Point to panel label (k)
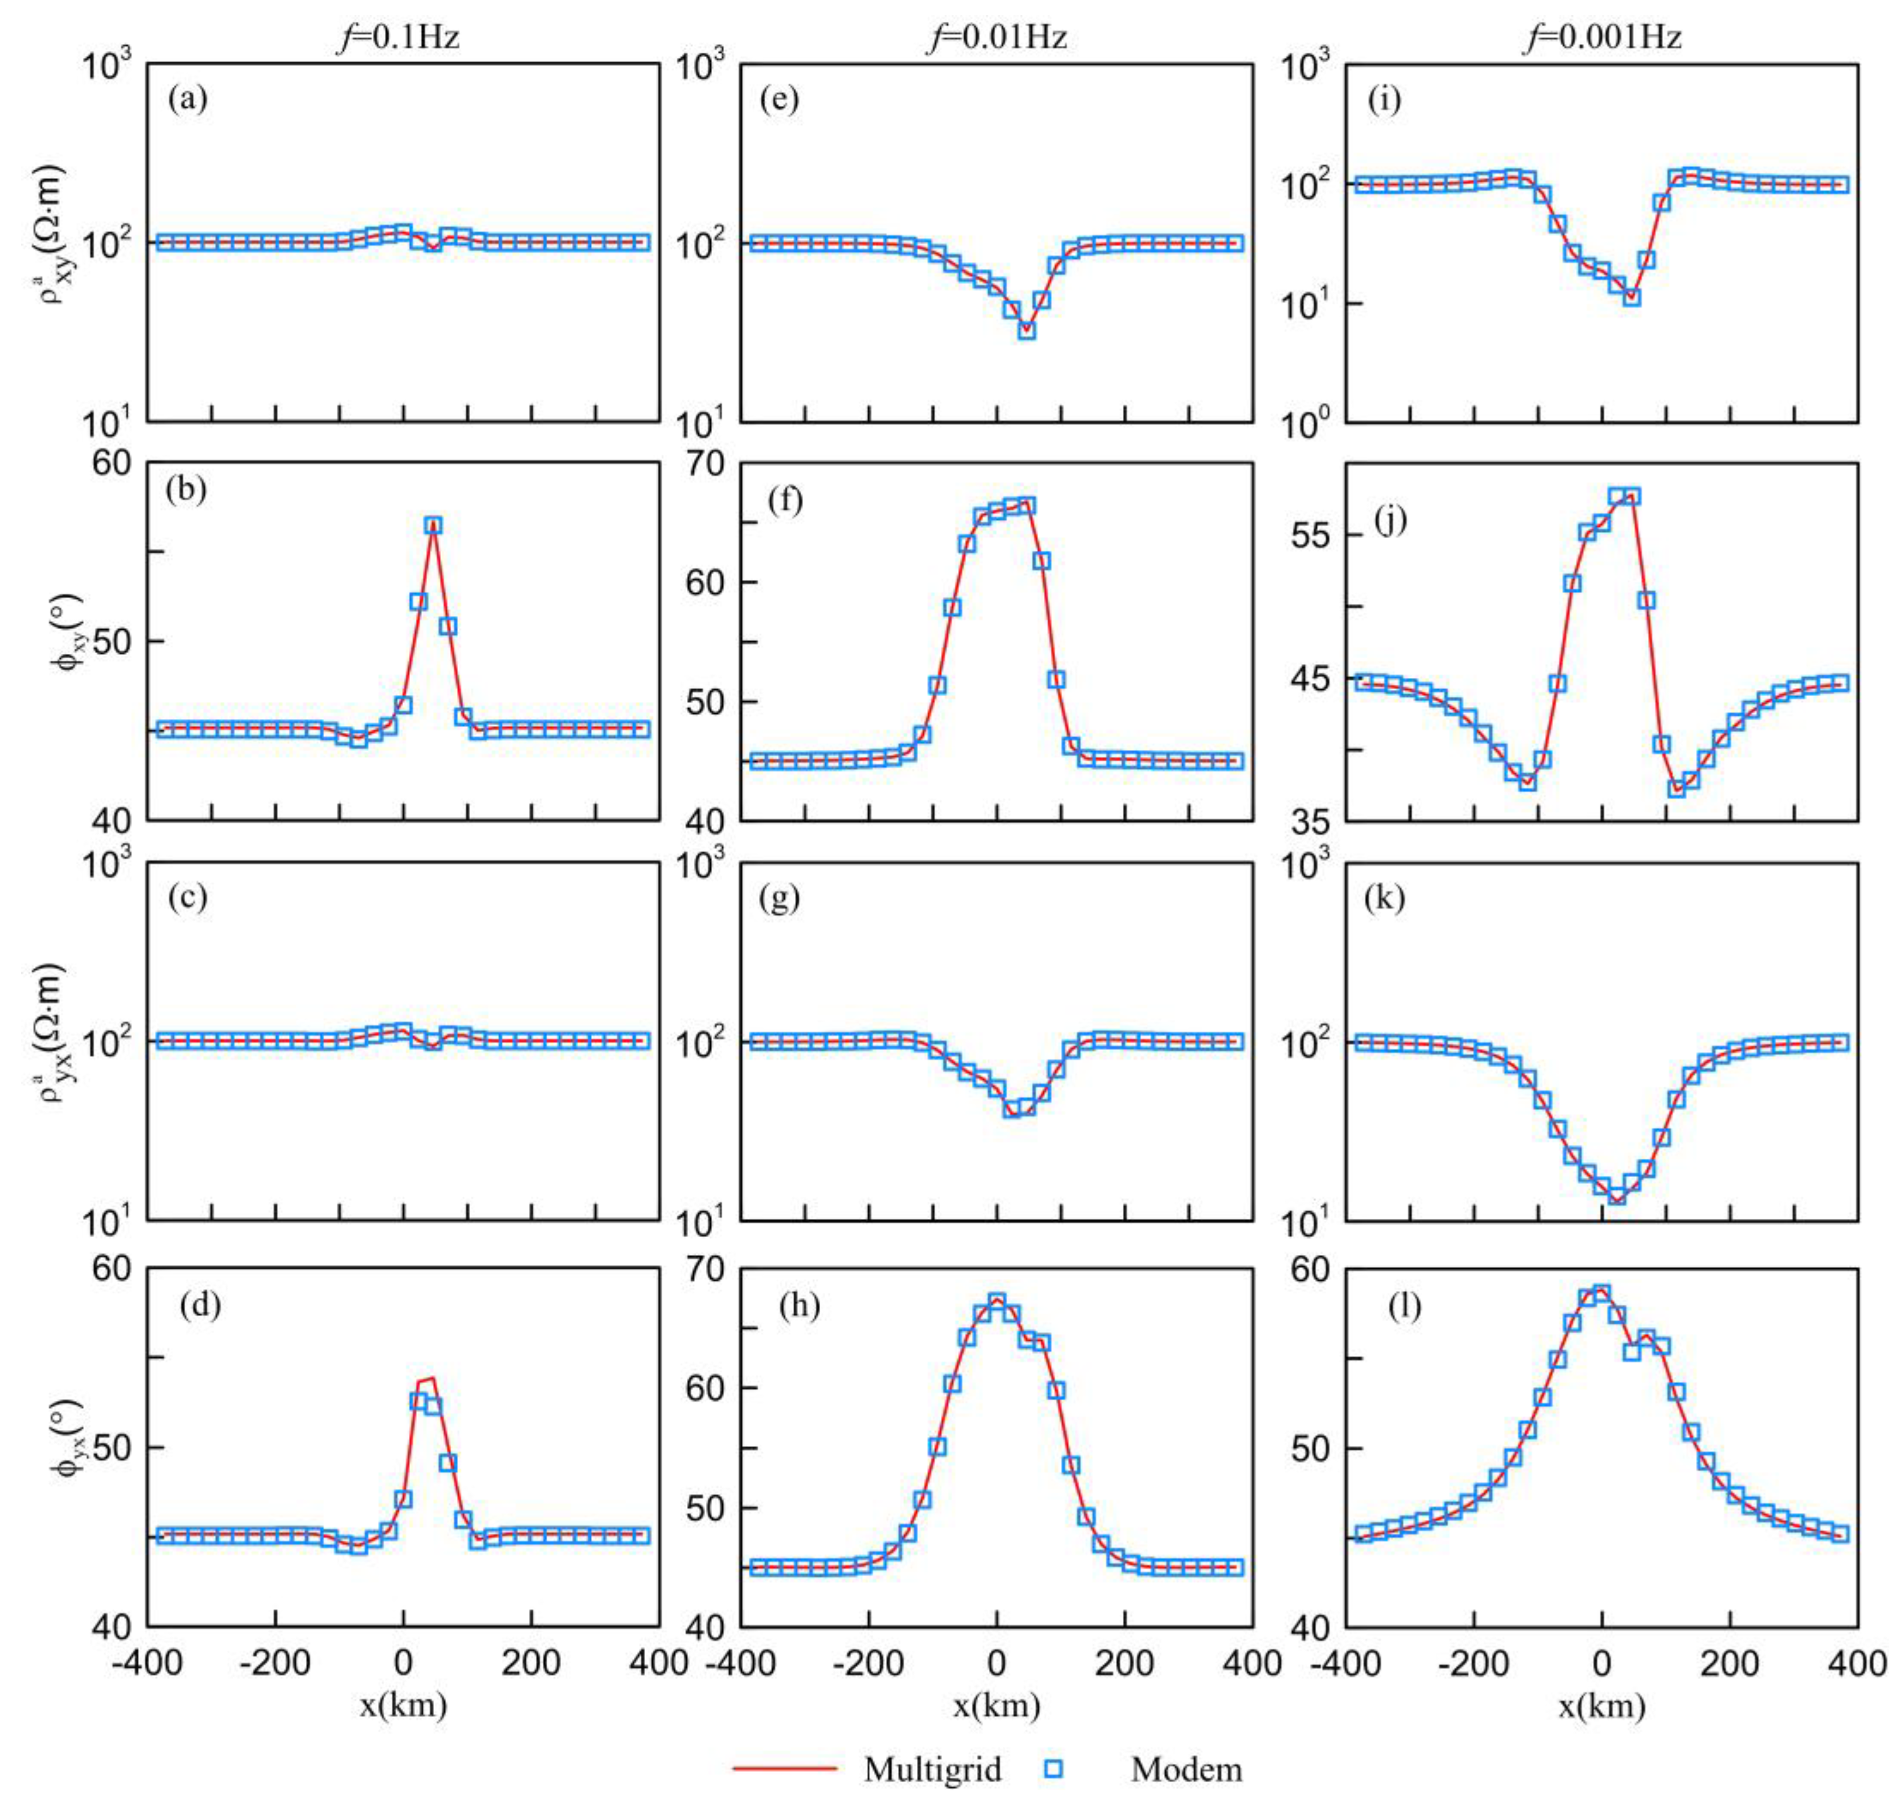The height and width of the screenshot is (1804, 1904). (x=1385, y=897)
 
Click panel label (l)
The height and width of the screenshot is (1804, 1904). (x=1404, y=1306)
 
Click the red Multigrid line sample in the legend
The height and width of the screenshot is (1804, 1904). (x=785, y=1767)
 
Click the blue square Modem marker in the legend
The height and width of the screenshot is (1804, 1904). (x=1054, y=1767)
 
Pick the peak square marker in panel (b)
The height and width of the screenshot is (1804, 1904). (x=434, y=525)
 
